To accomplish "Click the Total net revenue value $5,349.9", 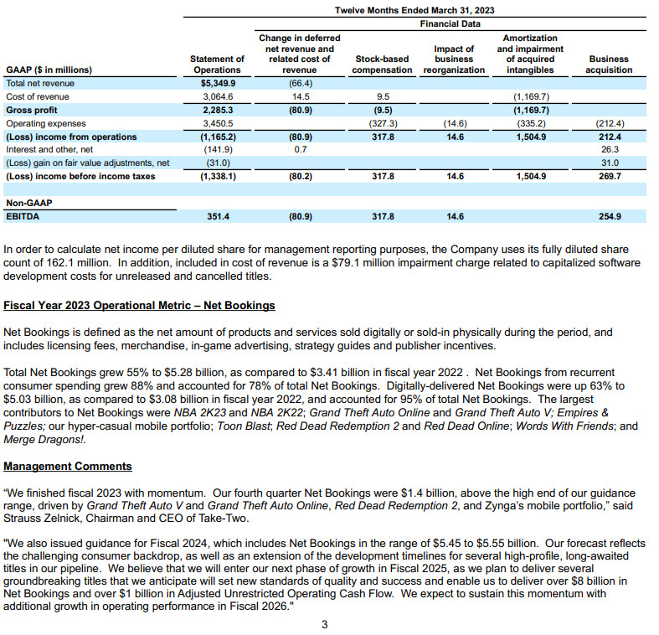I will (x=218, y=84).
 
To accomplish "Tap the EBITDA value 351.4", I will (x=218, y=217).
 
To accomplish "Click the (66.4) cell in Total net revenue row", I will (x=299, y=84).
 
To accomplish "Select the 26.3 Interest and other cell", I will (x=609, y=150).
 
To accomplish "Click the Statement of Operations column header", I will (x=218, y=65).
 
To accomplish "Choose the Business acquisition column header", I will (x=609, y=65).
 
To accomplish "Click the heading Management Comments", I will (x=67, y=466).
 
